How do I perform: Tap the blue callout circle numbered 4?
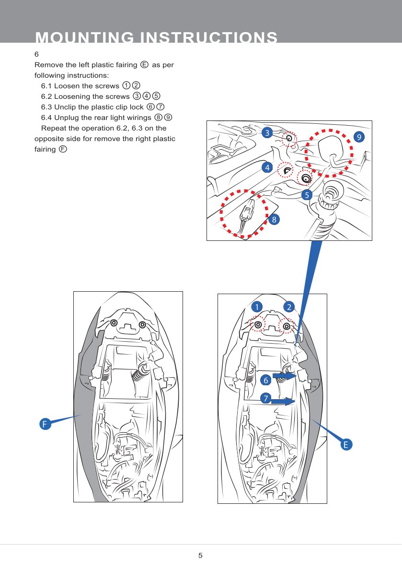click(267, 167)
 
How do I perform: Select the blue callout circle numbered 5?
click(307, 195)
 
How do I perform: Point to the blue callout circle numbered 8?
click(274, 220)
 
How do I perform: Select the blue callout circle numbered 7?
click(264, 398)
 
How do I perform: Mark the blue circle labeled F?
click(45, 424)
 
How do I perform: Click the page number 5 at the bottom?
click(201, 556)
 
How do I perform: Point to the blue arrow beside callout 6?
click(285, 376)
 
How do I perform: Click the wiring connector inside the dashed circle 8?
click(247, 213)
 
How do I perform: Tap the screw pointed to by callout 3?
click(289, 139)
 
